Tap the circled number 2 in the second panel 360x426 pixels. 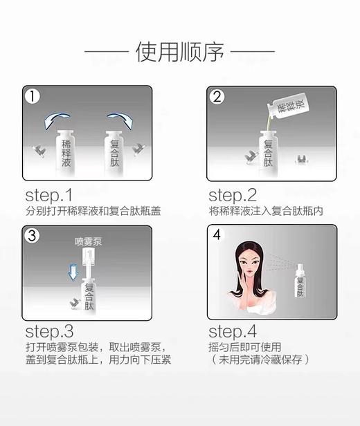click(217, 96)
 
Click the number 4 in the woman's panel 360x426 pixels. click(217, 234)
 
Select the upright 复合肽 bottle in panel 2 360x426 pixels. click(268, 151)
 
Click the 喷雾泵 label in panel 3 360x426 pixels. click(88, 243)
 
